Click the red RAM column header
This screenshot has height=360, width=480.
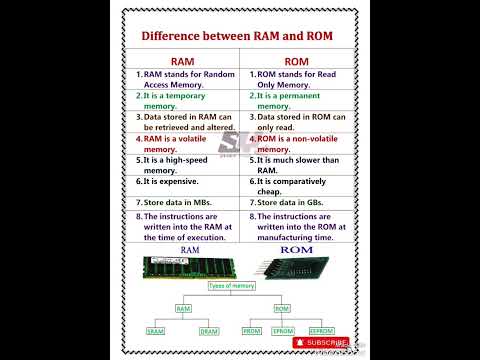[182, 61]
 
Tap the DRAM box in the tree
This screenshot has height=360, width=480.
[209, 330]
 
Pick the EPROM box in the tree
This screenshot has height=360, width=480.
[287, 330]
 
